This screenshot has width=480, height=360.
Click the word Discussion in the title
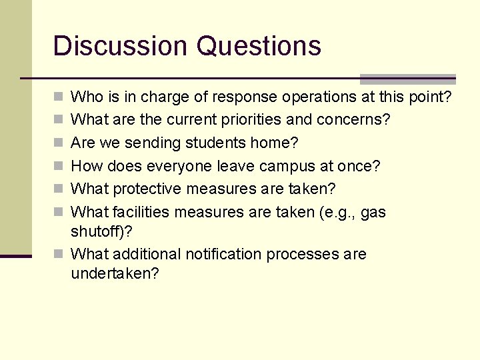click(x=119, y=46)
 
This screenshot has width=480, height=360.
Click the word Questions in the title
click(x=259, y=46)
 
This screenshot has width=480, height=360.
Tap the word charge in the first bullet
click(x=165, y=97)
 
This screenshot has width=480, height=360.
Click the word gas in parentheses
click(x=373, y=213)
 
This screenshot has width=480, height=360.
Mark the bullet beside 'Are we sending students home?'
click(x=57, y=143)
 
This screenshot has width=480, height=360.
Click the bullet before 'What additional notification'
click(x=57, y=254)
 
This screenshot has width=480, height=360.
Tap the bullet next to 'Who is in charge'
click(x=57, y=97)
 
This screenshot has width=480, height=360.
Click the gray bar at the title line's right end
click(x=407, y=79)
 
